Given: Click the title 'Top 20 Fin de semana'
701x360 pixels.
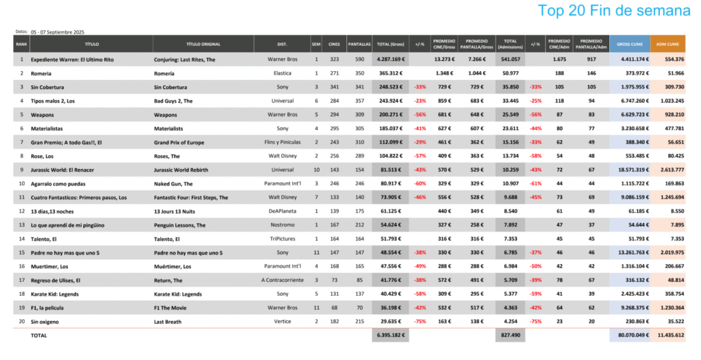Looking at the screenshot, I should pos(614,11).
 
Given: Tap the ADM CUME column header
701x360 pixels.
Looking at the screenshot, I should pos(667,44).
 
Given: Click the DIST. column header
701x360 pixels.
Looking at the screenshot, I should pos(281,44).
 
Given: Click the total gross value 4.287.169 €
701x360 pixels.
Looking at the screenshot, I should pos(390,60).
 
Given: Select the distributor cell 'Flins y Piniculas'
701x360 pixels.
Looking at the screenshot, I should pos(281,142).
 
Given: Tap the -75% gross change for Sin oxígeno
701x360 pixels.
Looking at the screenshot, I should pos(420,322).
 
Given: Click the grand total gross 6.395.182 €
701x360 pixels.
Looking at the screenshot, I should pos(390,336).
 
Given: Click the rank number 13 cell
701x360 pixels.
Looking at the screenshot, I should pos(22,225).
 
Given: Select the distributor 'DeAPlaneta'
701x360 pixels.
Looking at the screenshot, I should pos(281,211).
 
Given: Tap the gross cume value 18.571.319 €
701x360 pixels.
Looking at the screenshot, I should pos(628,170).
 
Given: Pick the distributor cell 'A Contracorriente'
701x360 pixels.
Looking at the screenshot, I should pos(281,281).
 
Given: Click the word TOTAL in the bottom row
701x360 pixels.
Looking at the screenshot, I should pos(40,336).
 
